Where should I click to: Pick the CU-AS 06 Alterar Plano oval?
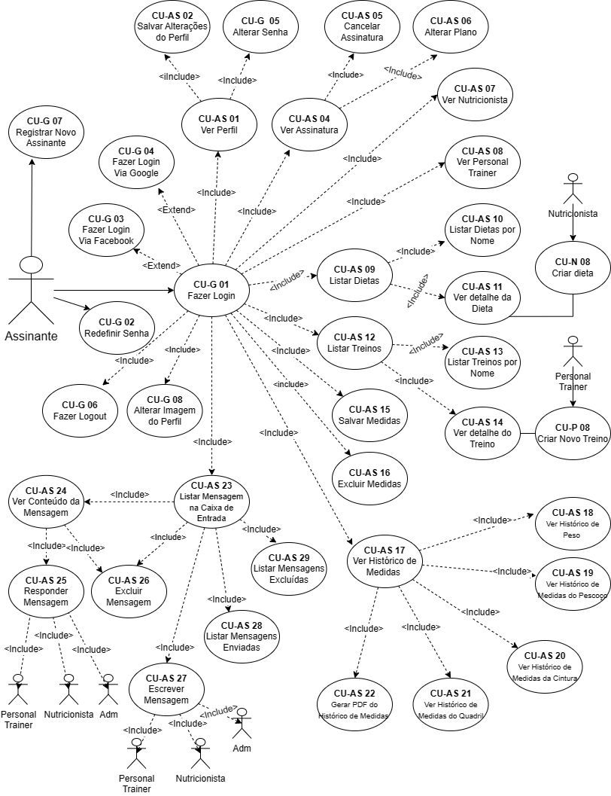pos(450,27)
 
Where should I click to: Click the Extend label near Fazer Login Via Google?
pos(177,209)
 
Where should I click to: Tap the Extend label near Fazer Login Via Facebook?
pos(162,266)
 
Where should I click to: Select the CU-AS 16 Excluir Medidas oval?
pos(369,477)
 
